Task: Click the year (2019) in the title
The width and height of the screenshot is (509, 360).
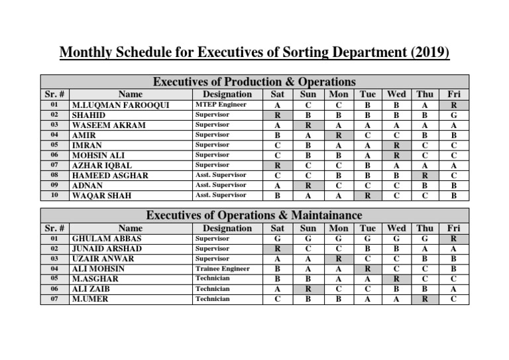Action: [x=428, y=52]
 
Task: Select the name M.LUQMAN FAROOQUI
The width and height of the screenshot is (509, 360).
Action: [x=120, y=105]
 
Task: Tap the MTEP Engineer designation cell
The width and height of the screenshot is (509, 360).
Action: [x=221, y=105]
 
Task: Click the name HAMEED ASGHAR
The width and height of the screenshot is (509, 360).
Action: [x=110, y=176]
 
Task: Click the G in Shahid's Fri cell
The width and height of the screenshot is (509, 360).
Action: [x=453, y=115]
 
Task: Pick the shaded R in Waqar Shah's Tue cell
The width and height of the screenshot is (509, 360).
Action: [x=367, y=196]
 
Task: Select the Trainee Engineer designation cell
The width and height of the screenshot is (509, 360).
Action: [x=222, y=269]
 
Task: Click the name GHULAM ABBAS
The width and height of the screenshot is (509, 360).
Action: [x=106, y=238]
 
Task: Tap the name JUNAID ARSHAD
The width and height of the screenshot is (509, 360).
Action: [x=107, y=249]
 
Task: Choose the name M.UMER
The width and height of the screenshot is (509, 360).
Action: [x=90, y=299]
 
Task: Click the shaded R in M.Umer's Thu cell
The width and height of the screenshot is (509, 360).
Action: [x=425, y=299]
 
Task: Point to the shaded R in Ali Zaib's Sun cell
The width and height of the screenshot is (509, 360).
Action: [x=308, y=289]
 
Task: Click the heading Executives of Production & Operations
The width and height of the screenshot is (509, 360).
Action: [x=254, y=82]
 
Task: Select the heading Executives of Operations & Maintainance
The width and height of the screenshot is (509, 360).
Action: [x=254, y=215]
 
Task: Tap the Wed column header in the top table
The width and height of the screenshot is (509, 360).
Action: [x=396, y=94]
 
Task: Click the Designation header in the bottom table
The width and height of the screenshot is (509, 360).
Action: [x=227, y=227]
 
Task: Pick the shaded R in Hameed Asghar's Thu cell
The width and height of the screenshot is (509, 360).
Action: [x=425, y=176]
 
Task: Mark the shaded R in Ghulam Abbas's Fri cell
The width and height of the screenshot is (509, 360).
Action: [x=453, y=238]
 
